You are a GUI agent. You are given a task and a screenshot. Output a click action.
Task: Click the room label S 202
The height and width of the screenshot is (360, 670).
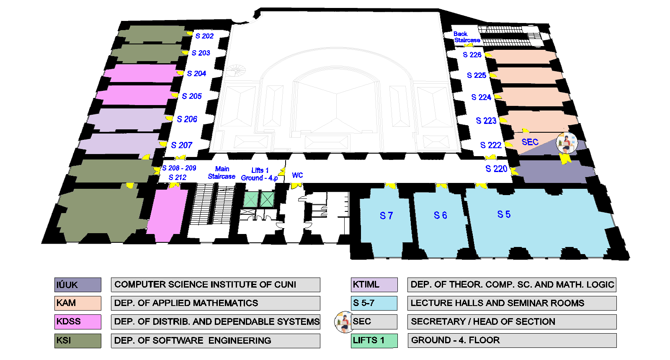click(204, 36)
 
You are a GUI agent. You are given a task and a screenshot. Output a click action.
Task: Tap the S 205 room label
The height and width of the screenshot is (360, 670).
click(192, 96)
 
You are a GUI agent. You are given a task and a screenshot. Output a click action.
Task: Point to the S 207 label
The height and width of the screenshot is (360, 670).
click(182, 145)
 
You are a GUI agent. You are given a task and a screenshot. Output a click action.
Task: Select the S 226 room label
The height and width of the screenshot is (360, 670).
click(472, 55)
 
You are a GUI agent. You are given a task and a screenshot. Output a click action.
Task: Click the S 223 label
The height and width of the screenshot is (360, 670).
click(486, 121)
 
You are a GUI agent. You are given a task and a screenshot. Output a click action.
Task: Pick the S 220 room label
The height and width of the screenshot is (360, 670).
click(496, 169)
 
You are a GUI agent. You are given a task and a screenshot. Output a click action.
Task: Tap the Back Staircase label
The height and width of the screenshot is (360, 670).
click(466, 37)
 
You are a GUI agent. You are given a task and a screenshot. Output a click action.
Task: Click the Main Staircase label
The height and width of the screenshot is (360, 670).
click(222, 172)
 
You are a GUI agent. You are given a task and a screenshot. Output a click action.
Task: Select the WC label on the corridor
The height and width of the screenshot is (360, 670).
click(297, 175)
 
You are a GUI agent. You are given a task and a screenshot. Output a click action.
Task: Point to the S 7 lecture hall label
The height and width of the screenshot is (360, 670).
click(386, 216)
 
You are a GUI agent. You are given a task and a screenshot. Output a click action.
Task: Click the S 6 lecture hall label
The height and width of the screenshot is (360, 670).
click(440, 215)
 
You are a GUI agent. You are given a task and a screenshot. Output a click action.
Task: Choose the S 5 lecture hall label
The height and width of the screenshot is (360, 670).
click(504, 214)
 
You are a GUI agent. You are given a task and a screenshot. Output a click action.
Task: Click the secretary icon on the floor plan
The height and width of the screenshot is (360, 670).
click(567, 143)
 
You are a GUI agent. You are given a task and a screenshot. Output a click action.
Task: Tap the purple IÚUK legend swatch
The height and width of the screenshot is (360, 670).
click(78, 285)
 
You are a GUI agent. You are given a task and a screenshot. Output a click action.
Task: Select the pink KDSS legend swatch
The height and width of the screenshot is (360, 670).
click(78, 321)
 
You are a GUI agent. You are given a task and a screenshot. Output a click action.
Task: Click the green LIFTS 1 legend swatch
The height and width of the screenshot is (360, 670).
click(374, 340)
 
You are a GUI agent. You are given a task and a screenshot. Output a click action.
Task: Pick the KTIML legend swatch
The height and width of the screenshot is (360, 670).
click(374, 285)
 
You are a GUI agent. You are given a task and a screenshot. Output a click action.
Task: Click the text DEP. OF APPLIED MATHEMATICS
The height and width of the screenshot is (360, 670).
click(186, 303)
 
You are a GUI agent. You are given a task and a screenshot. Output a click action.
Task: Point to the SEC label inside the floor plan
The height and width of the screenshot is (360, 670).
click(530, 142)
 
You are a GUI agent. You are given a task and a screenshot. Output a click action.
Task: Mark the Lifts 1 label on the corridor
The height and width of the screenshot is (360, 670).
click(260, 170)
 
